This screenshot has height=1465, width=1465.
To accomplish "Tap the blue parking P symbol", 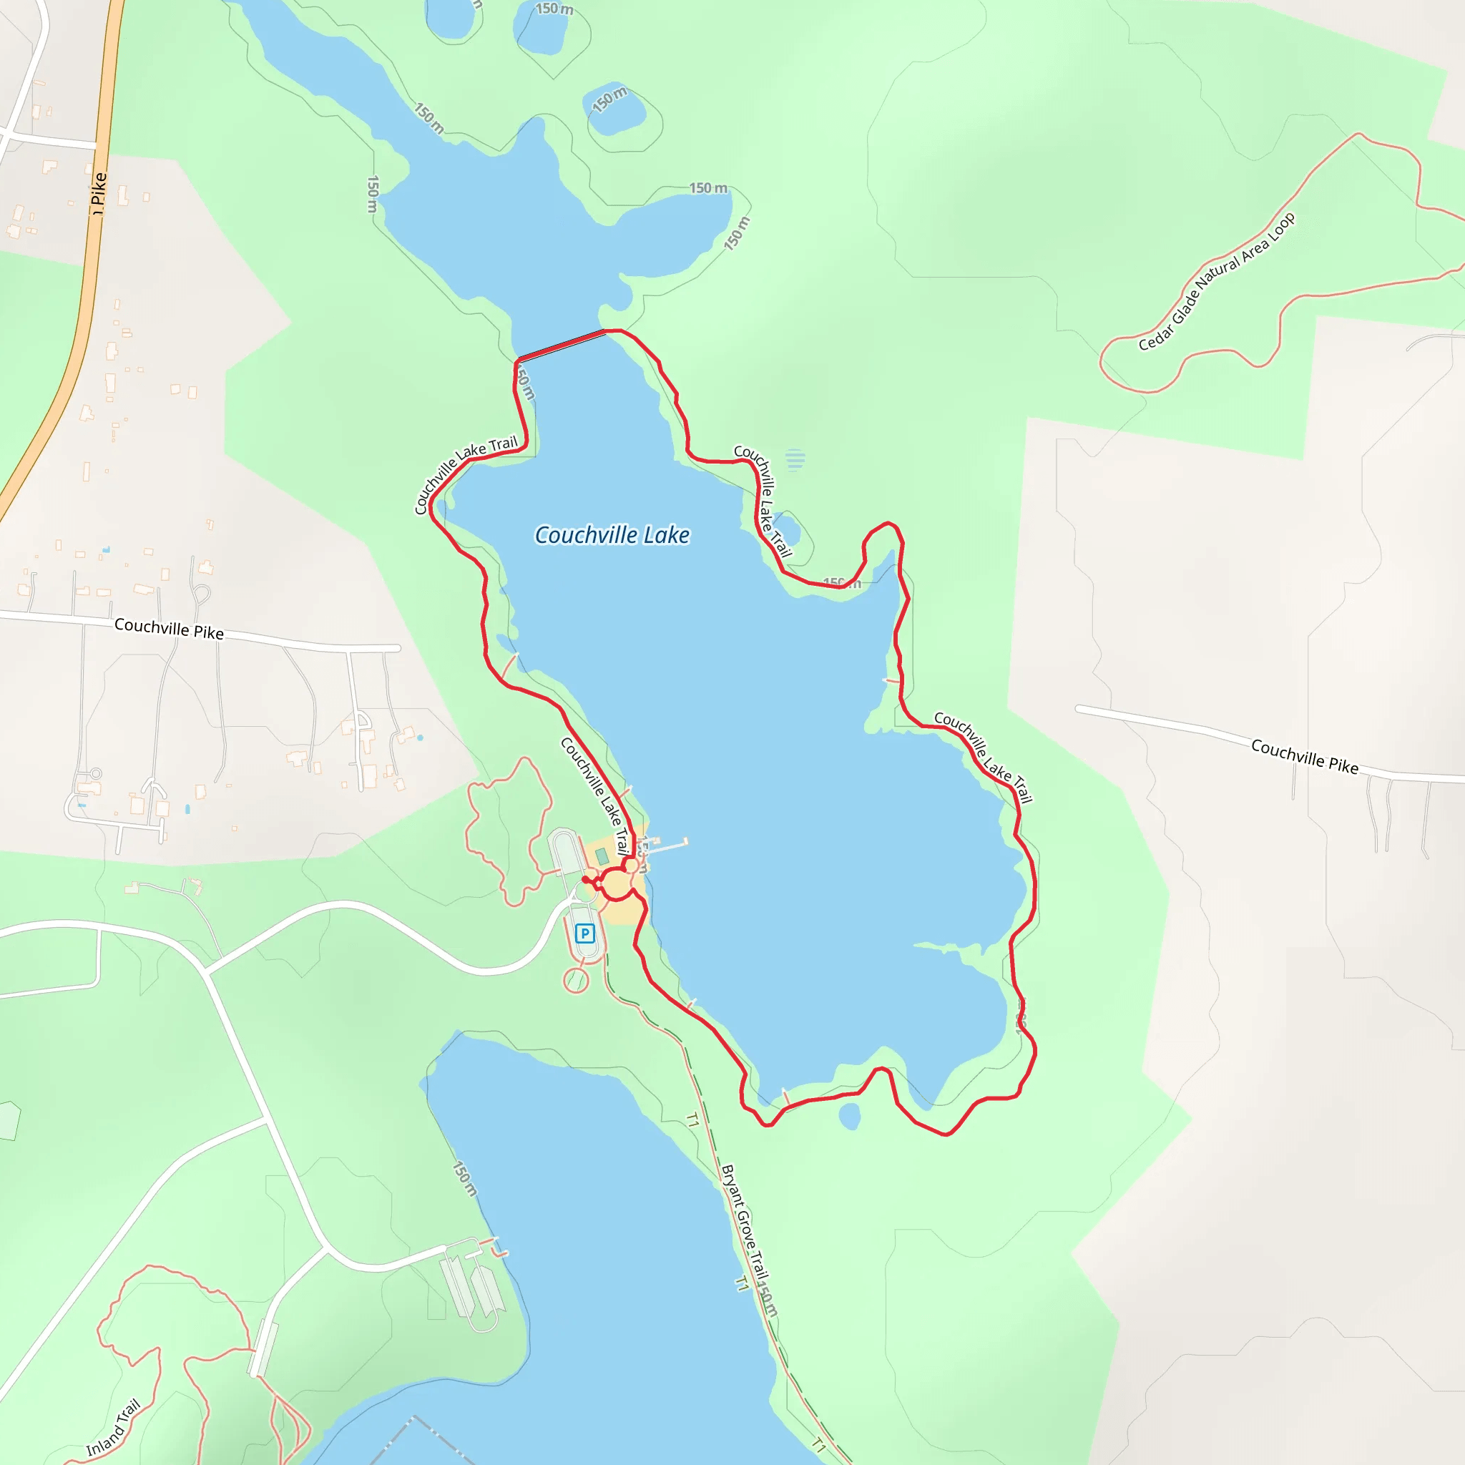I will tap(584, 934).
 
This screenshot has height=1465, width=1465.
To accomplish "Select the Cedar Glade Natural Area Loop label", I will tap(1216, 282).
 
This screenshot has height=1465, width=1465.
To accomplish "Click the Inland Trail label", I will tap(114, 1428).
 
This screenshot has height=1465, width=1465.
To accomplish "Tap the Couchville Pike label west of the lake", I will tap(168, 628).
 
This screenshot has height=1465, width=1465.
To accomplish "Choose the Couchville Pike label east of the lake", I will tap(1304, 756).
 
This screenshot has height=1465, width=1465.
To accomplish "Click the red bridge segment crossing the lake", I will tap(562, 344).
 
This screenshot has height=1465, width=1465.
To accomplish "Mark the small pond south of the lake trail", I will tap(850, 1116).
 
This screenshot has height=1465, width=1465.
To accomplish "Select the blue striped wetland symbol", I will tap(795, 459).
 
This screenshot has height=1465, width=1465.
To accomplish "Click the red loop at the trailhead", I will tap(617, 885).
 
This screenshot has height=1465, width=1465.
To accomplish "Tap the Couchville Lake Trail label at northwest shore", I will tap(464, 474).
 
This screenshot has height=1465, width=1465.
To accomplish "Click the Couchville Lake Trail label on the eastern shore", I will tap(983, 756).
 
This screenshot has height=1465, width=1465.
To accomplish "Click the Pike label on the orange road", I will tap(99, 192).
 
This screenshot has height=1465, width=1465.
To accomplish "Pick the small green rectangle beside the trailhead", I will tap(602, 856).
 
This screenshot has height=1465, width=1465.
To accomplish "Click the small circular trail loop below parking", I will tap(577, 981).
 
